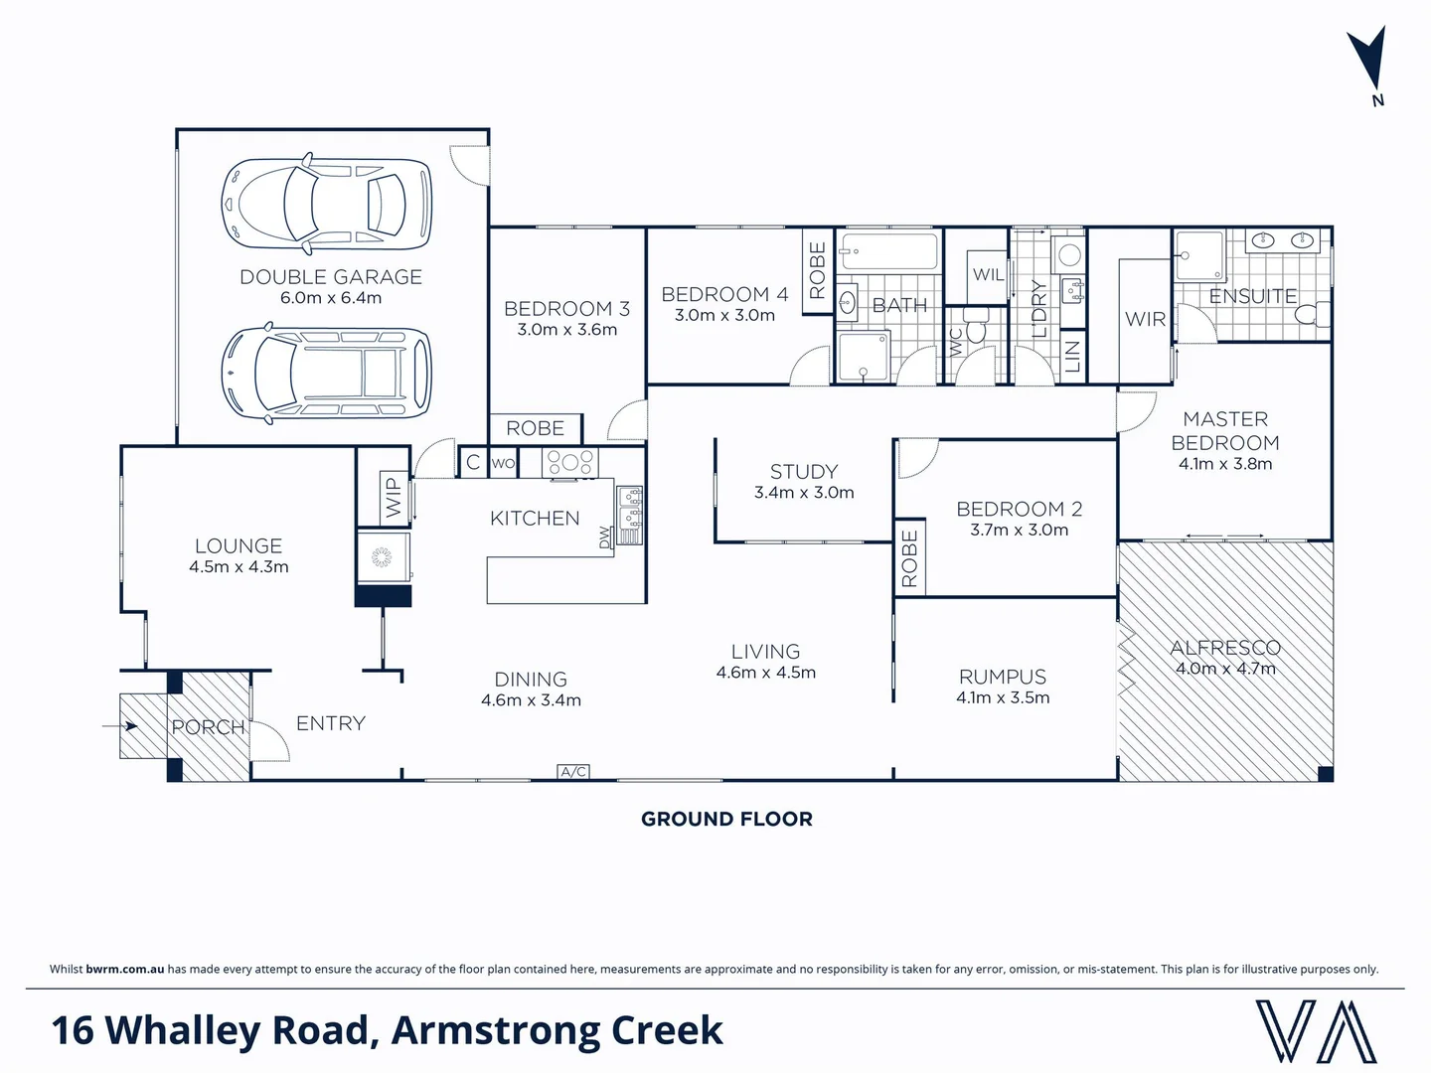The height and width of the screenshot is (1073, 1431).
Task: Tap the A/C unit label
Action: click(573, 772)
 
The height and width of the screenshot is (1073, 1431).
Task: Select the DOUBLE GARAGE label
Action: click(331, 277)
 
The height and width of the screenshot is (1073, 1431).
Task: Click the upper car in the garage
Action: click(326, 203)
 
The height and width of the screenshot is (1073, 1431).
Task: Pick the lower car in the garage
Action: click(326, 374)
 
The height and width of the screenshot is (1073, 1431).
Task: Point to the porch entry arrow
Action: click(119, 726)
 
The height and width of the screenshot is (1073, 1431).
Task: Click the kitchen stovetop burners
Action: click(569, 462)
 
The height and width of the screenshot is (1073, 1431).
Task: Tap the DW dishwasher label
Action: click(604, 537)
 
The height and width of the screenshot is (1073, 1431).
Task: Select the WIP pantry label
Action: click(394, 498)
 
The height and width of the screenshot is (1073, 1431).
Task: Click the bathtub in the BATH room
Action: click(888, 252)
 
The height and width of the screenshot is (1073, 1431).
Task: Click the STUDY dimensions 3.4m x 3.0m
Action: click(804, 493)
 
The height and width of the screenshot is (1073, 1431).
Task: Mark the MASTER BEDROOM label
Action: click(1225, 431)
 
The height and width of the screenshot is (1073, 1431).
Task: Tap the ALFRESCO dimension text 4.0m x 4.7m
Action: click(1225, 669)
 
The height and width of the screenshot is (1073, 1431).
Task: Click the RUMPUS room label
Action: click(1003, 677)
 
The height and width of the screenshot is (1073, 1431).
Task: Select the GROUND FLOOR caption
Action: click(726, 819)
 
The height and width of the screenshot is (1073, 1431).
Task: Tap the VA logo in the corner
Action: click(1316, 1031)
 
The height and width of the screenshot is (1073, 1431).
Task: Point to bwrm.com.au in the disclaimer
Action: click(125, 969)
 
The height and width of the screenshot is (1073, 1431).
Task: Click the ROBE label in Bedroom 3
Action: click(535, 428)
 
